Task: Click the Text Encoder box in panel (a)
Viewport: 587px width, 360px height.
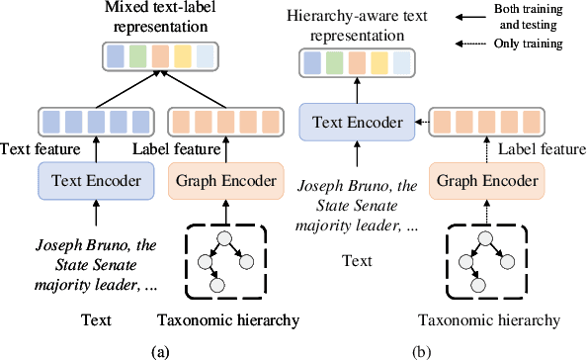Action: (89, 183)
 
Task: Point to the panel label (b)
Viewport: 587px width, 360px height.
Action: (422, 350)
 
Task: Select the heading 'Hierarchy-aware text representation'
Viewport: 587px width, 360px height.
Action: (357, 26)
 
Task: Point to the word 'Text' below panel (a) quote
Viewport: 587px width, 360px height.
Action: (96, 319)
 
